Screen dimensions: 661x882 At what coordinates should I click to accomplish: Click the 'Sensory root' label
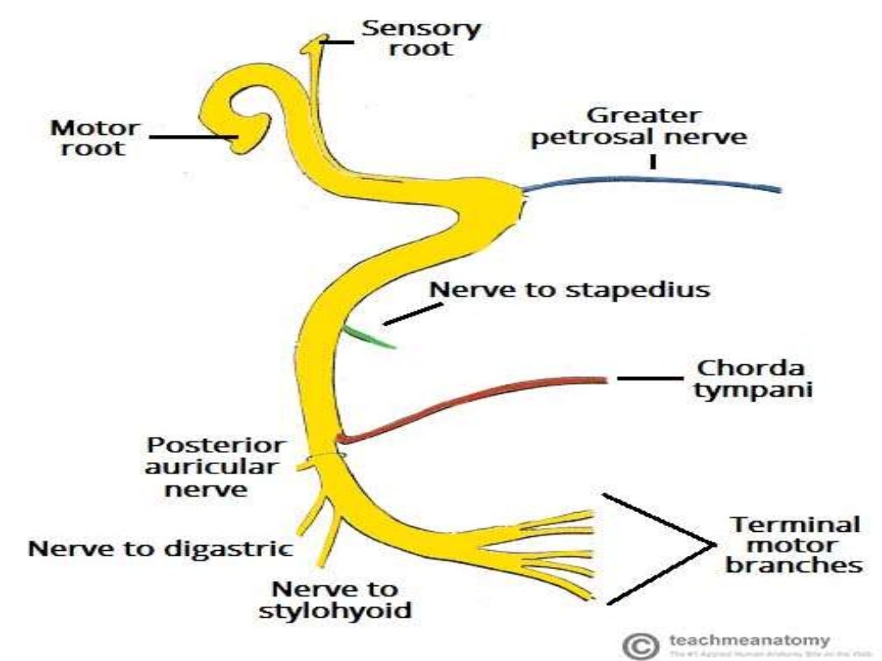(421, 38)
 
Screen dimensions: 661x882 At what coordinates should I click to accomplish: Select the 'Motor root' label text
(95, 138)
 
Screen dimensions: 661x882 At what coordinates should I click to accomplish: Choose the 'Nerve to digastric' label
(160, 547)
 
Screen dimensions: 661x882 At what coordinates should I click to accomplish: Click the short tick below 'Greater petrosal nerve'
(653, 161)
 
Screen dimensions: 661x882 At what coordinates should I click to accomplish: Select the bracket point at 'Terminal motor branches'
(711, 545)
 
